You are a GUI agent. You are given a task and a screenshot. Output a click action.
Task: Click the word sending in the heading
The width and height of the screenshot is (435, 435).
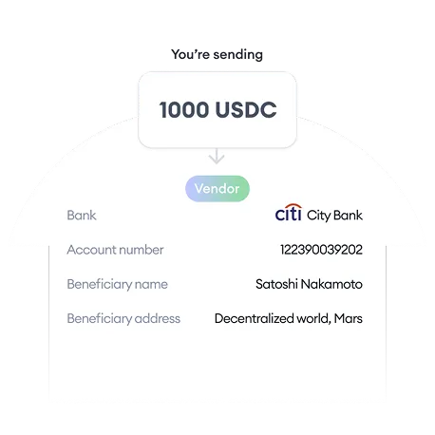pyautogui.click(x=237, y=55)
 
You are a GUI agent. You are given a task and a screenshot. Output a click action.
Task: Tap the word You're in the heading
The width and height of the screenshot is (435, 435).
pyautogui.click(x=190, y=54)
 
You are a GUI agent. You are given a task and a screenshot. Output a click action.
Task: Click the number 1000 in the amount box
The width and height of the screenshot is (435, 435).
pyautogui.click(x=184, y=110)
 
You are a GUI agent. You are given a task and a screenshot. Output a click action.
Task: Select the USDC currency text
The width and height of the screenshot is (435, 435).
pyautogui.click(x=246, y=110)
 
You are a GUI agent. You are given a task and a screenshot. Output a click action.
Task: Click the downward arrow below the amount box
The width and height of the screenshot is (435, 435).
pyautogui.click(x=217, y=156)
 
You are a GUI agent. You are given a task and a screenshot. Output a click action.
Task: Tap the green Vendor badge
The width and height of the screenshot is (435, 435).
pyautogui.click(x=217, y=189)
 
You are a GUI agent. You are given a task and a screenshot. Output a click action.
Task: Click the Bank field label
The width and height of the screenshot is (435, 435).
pyautogui.click(x=82, y=216)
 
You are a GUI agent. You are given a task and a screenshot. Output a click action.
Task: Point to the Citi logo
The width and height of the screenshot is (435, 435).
pyautogui.click(x=288, y=213)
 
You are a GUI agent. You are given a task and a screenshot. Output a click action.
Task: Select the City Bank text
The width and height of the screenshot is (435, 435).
pyautogui.click(x=334, y=216)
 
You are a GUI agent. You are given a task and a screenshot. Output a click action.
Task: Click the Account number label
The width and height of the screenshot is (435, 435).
pyautogui.click(x=115, y=250)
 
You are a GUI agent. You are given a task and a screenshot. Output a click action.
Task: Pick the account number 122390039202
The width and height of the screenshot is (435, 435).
pyautogui.click(x=321, y=250)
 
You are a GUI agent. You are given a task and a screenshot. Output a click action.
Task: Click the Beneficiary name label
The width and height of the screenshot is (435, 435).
pyautogui.click(x=117, y=284)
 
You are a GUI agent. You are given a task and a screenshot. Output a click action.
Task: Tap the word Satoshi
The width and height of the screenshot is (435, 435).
pyautogui.click(x=276, y=284)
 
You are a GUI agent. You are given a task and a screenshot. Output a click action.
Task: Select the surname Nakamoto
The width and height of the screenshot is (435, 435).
pyautogui.click(x=331, y=284)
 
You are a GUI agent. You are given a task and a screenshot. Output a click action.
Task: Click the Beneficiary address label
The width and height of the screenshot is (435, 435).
pyautogui.click(x=123, y=319)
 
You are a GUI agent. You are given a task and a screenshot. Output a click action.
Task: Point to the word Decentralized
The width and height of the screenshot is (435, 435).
pyautogui.click(x=254, y=318)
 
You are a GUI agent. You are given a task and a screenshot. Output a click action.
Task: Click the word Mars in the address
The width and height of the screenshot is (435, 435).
pyautogui.click(x=348, y=318)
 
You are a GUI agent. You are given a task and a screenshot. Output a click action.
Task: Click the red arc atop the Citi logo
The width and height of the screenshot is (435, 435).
pyautogui.click(x=293, y=206)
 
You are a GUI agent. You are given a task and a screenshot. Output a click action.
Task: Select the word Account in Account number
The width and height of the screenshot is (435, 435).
pyautogui.click(x=91, y=250)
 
